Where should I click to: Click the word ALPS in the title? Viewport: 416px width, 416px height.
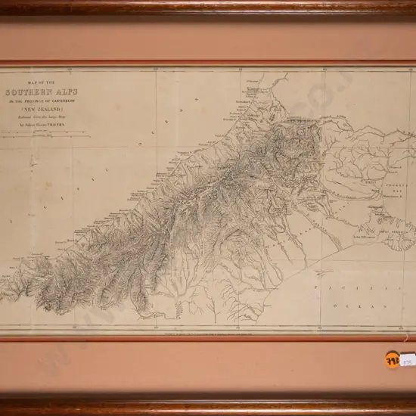point(67,92)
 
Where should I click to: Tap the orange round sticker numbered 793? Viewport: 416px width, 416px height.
point(393,360)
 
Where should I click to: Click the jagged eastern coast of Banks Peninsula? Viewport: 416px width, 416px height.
point(409,227)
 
